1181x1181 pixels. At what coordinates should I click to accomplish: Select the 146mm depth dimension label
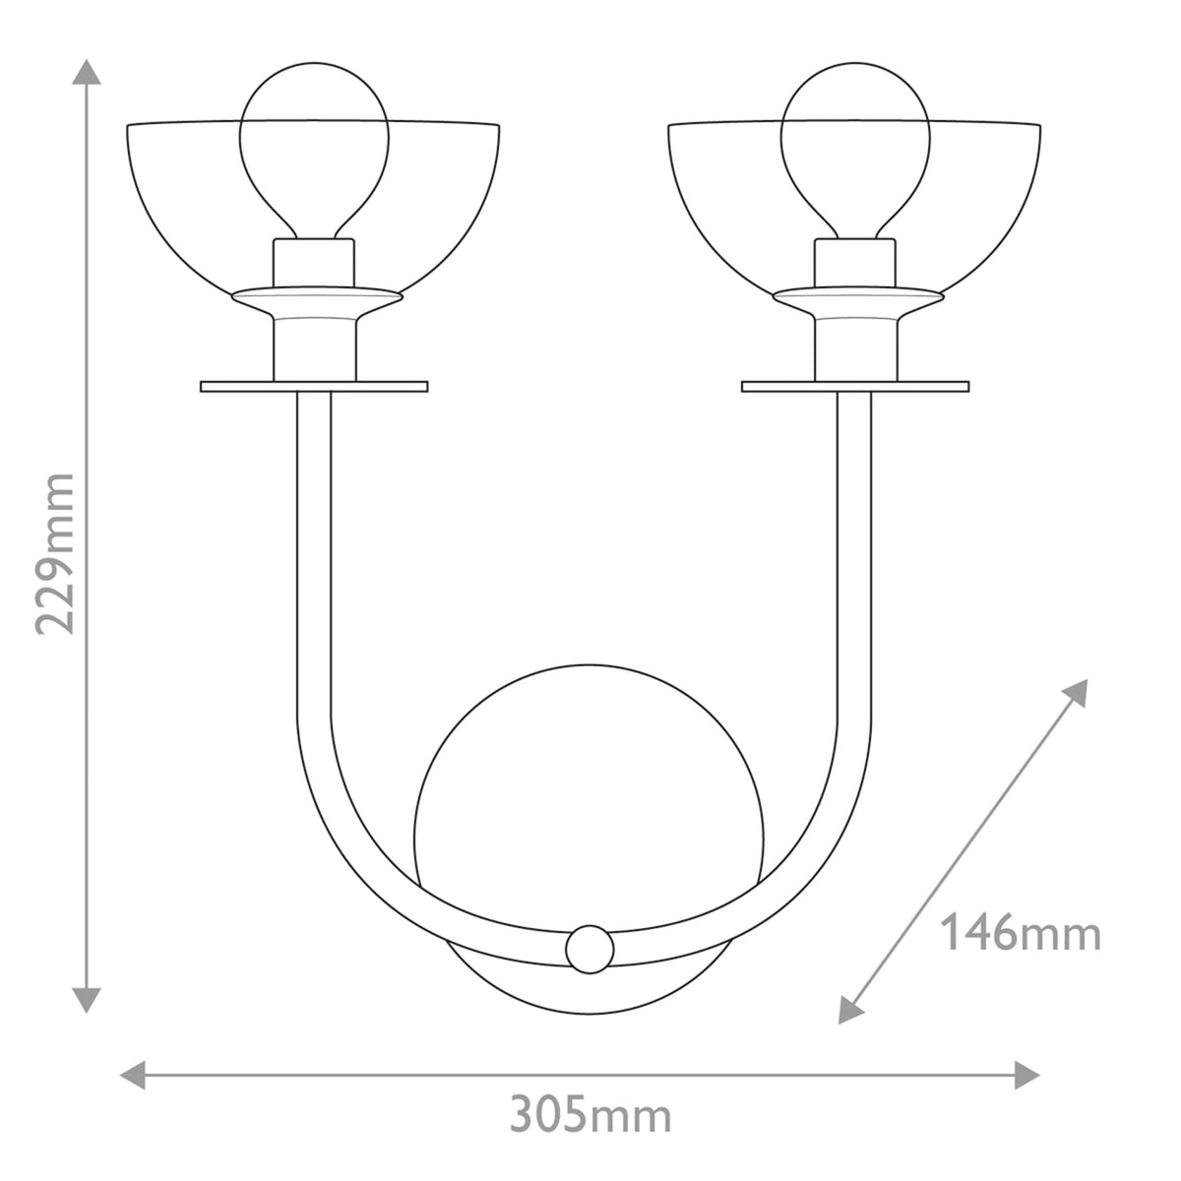coord(1021,933)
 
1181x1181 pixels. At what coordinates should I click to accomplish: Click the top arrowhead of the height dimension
coord(88,74)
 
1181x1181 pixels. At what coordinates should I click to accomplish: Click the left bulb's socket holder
coord(314,263)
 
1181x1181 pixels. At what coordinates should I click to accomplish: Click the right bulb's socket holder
coord(854,263)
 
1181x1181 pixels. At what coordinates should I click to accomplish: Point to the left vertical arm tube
coord(314,551)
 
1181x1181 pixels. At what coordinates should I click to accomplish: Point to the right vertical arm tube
coord(854,551)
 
